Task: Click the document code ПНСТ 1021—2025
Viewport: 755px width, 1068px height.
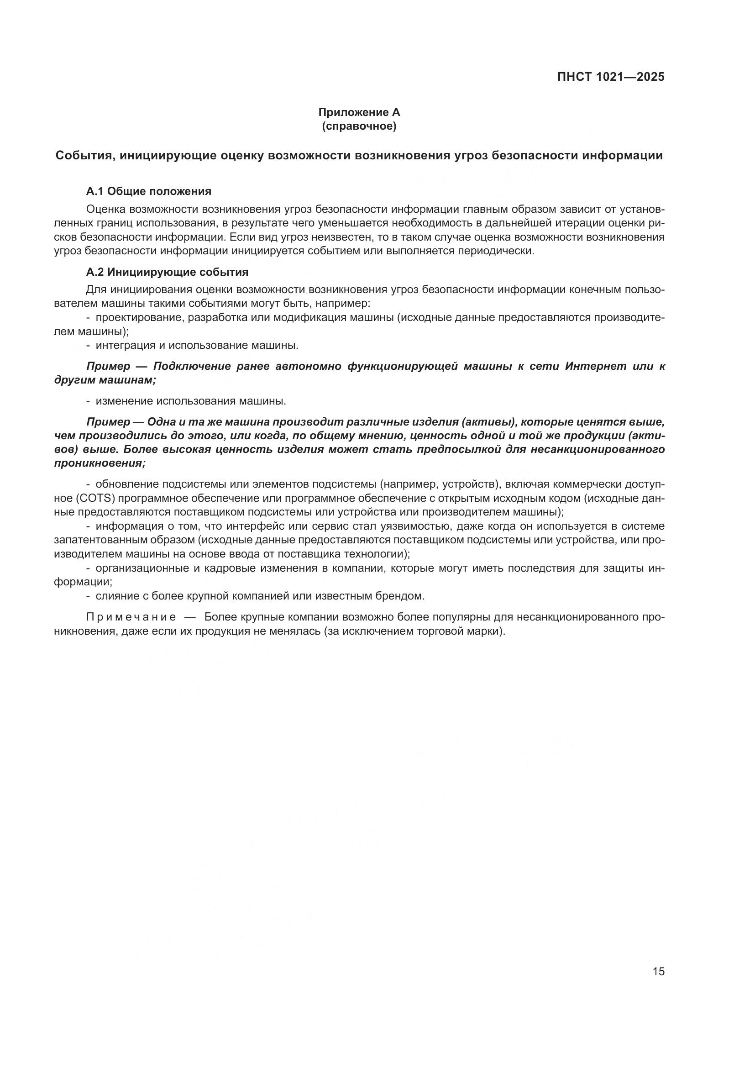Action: point(611,77)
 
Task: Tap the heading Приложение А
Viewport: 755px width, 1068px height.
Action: point(359,112)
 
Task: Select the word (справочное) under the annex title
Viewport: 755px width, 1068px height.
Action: point(359,126)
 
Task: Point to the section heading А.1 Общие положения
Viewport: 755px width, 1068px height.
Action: point(149,191)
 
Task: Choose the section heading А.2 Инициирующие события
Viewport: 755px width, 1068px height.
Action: point(168,272)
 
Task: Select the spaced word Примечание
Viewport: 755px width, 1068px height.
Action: point(131,617)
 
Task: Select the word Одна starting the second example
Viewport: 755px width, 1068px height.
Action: point(160,422)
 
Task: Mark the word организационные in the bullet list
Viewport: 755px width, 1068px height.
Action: point(139,568)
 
